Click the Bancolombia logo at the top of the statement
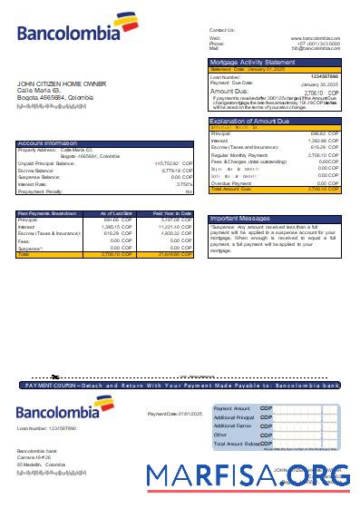tap(69, 34)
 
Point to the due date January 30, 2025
tap(322, 83)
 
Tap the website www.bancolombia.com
tap(315, 38)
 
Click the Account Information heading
tap(46, 142)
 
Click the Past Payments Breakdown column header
tap(45, 213)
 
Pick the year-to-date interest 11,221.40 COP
tap(176, 227)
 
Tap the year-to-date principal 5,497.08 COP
tap(177, 220)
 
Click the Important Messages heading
tap(238, 219)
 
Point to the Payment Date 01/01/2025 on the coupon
tap(170, 414)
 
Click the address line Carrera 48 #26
tap(34, 457)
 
